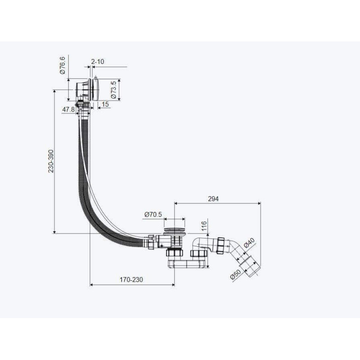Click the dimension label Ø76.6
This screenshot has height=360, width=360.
coord(63,65)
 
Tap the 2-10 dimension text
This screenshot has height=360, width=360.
coord(98,62)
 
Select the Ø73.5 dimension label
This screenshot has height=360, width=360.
coord(114,90)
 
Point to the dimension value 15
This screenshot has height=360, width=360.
coord(105,104)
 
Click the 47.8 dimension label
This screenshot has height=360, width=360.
coord(68,110)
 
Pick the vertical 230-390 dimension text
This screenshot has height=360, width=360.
coord(51,161)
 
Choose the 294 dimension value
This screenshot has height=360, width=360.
coord(213,199)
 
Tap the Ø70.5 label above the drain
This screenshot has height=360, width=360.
coord(153,215)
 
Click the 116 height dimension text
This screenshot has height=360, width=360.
coord(204,226)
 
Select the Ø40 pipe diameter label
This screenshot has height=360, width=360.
coord(249,243)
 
